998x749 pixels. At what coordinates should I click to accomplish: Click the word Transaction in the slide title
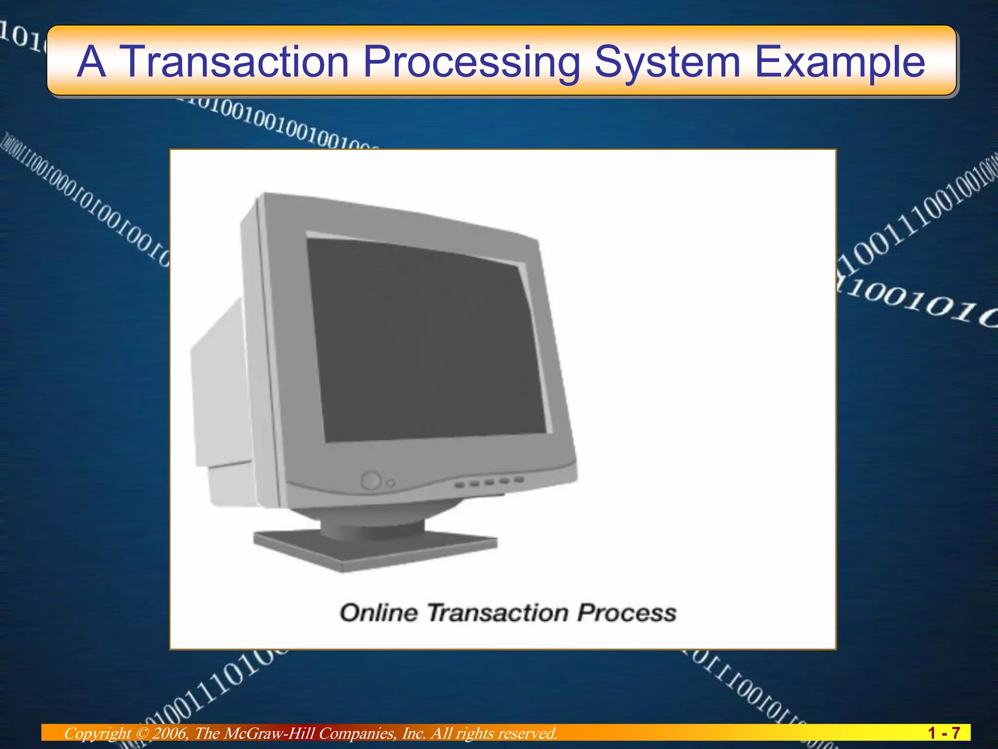[x=234, y=61]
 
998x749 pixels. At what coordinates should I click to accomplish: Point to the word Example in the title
[x=839, y=62]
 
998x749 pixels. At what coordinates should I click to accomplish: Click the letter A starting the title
[x=91, y=61]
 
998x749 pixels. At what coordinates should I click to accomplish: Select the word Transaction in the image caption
[x=498, y=613]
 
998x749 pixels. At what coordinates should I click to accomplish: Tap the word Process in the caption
[x=627, y=613]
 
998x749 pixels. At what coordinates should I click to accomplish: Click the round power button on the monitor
[x=371, y=480]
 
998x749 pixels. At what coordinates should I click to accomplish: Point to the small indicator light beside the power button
[x=390, y=483]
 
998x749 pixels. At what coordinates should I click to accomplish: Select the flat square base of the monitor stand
[x=375, y=549]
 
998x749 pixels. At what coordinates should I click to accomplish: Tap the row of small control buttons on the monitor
[x=489, y=482]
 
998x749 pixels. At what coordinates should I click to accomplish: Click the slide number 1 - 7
[x=943, y=733]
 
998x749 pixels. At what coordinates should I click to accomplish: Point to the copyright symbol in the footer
[x=141, y=733]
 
